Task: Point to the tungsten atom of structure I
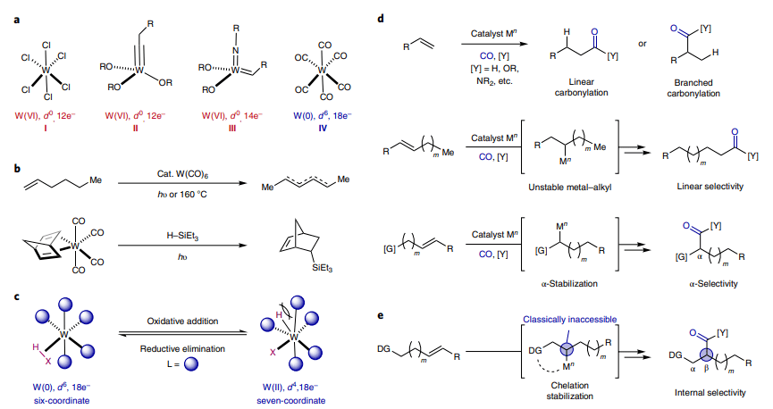click(46, 65)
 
